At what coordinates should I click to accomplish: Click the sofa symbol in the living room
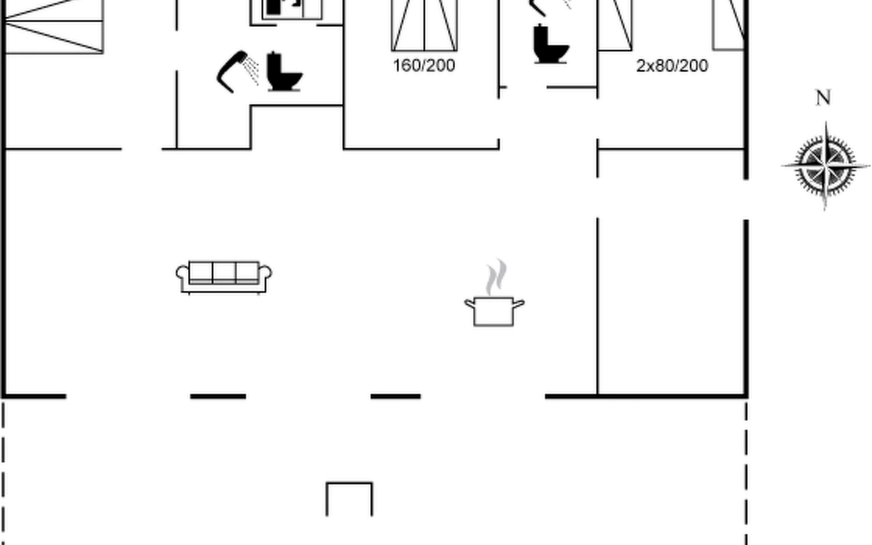[x=224, y=277]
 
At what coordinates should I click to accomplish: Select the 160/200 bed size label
[x=424, y=66]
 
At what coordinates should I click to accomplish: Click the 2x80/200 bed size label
[x=672, y=66]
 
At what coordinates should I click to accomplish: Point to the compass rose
[x=825, y=166]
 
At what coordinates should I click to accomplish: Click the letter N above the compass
[x=823, y=98]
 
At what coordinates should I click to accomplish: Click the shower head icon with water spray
[x=238, y=72]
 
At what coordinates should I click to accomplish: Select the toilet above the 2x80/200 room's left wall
[x=551, y=44]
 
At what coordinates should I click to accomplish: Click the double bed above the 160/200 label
[x=424, y=25]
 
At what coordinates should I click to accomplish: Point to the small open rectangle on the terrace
[x=349, y=499]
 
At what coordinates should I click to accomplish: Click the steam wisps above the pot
[x=495, y=277]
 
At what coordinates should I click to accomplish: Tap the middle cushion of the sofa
[x=224, y=272]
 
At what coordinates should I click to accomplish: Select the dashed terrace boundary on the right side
[x=746, y=472]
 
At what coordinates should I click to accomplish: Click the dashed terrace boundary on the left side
[x=4, y=472]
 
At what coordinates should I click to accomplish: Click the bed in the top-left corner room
[x=54, y=26]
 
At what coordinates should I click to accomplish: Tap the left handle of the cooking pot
[x=470, y=303]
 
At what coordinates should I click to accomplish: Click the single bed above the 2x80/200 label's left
[x=615, y=25]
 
